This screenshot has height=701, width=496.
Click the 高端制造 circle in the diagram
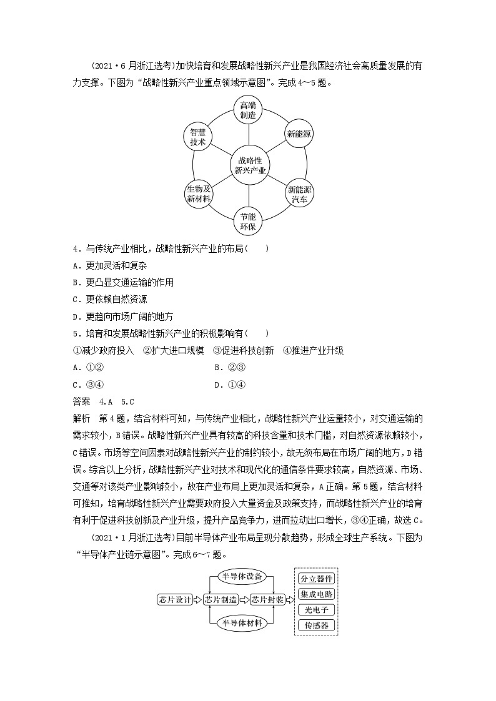click(248, 110)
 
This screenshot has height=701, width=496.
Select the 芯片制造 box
click(221, 599)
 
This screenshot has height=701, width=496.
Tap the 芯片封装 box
click(267, 599)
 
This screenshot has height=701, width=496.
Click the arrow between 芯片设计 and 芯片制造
click(198, 599)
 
